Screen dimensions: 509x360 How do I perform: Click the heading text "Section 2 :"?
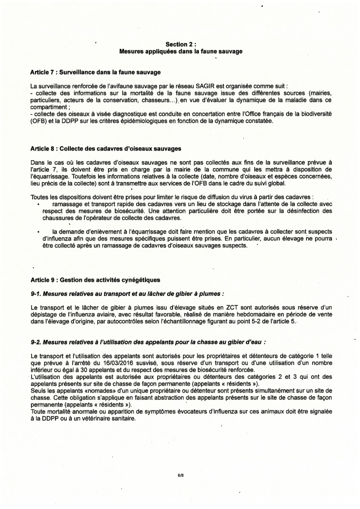coord(180,44)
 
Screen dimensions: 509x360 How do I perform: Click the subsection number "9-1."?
coord(37,294)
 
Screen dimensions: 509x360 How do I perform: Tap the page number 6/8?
coord(180,476)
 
